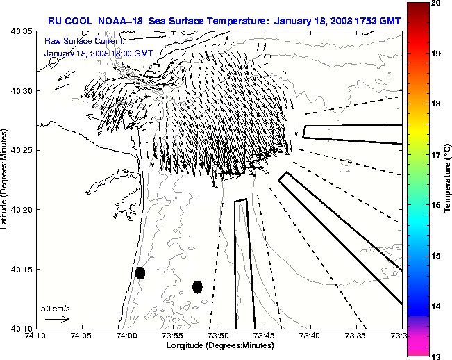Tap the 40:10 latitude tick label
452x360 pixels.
click(22, 328)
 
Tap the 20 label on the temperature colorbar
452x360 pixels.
click(435, 3)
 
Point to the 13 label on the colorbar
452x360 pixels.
click(435, 356)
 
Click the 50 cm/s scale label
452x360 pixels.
click(56, 308)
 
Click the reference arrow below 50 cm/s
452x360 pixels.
click(57, 319)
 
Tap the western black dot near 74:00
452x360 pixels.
click(140, 272)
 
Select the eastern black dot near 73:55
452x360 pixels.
click(197, 286)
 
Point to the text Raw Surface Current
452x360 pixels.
click(77, 42)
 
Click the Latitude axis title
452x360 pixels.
click(6, 180)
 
